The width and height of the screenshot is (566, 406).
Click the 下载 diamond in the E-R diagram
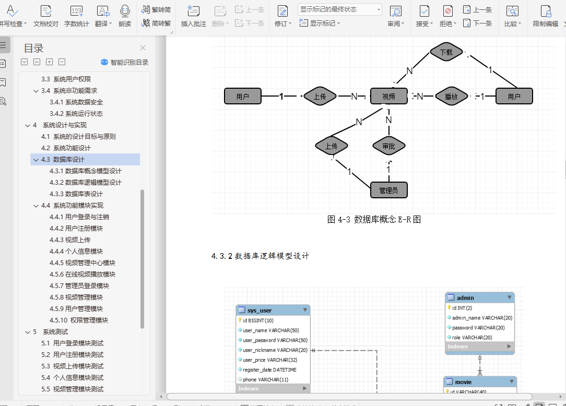tap(446, 52)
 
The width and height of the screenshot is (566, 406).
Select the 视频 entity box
tap(388, 96)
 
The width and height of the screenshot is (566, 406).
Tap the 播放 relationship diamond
tap(451, 96)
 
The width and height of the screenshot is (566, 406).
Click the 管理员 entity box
tap(388, 190)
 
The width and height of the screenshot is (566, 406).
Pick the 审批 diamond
tap(388, 146)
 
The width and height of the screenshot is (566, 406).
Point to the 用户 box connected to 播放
tap(514, 96)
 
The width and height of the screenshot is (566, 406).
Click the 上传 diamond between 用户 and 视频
tap(320, 96)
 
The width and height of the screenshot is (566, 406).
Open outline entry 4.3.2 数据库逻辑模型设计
tap(93, 183)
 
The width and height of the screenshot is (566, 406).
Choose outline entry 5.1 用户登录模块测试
tap(78, 343)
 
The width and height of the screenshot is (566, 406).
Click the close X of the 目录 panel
tap(143, 48)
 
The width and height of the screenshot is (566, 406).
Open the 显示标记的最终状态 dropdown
tap(340, 9)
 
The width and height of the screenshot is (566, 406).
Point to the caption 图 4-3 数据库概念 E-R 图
tap(374, 220)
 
